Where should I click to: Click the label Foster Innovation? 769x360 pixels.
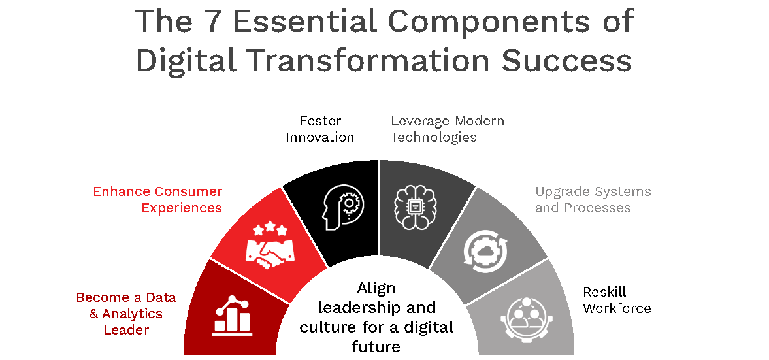click(320, 129)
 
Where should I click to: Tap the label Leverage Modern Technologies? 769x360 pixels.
click(448, 129)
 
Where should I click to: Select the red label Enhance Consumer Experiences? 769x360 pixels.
click(157, 200)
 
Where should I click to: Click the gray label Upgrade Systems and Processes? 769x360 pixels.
click(593, 200)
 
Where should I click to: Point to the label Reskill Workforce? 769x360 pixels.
click(617, 300)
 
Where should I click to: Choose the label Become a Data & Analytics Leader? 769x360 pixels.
click(126, 314)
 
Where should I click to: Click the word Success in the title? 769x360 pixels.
click(566, 61)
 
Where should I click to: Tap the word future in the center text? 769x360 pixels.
click(376, 346)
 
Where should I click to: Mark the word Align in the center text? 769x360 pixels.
click(376, 287)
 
